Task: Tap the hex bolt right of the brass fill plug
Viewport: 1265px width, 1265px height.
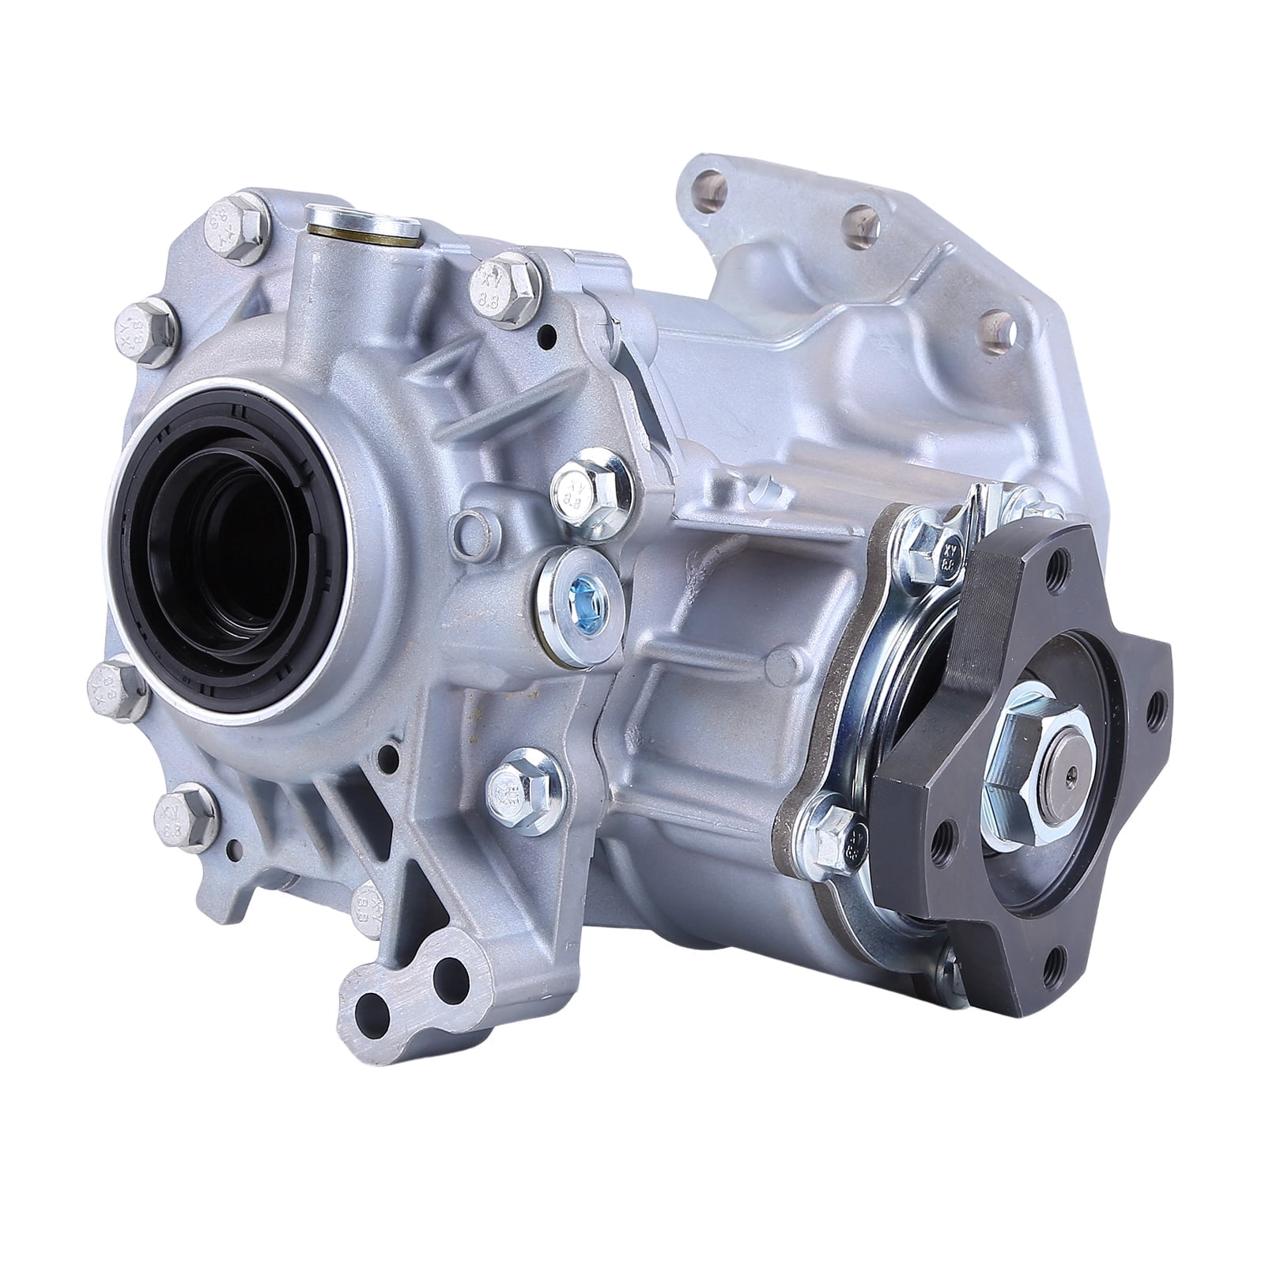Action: click(504, 285)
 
